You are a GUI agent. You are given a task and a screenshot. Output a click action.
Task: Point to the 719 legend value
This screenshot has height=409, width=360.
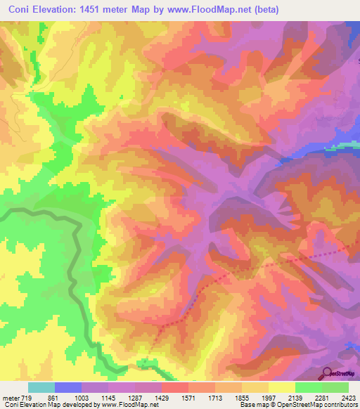(27, 397)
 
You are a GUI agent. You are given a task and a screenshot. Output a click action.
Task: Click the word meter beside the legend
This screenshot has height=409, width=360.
(11, 397)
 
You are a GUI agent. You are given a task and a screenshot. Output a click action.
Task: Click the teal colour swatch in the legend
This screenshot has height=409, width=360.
(41, 387)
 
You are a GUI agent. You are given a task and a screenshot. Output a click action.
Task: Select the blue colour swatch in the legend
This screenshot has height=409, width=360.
(67, 387)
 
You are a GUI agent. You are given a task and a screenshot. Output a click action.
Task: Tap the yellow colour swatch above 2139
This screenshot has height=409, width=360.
(281, 387)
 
